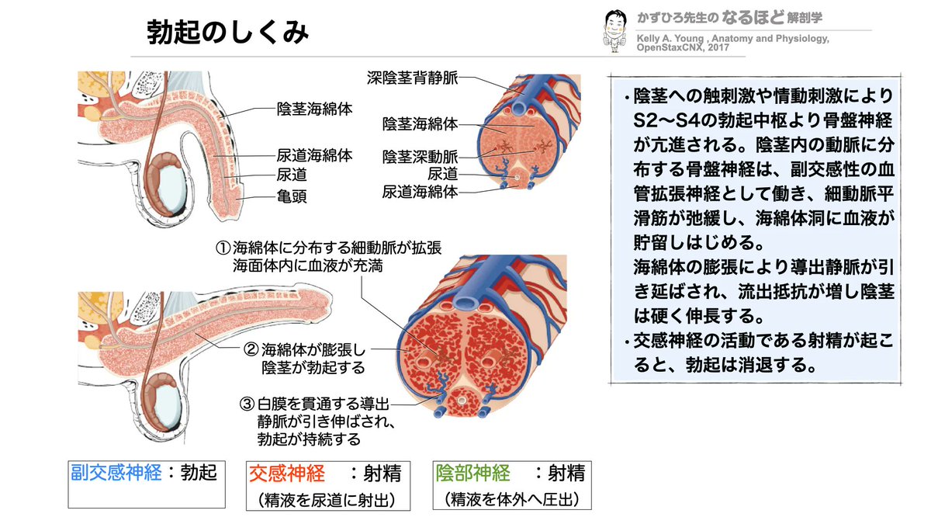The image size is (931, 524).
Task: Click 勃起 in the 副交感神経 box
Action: pos(199,470)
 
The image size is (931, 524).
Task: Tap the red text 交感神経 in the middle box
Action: pos(286,471)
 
